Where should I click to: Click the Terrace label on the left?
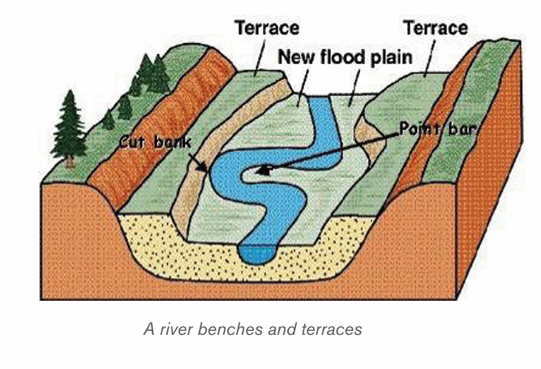(x=267, y=28)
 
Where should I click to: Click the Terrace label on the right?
(x=436, y=28)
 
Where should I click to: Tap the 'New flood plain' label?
(x=345, y=58)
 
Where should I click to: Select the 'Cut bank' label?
(x=155, y=142)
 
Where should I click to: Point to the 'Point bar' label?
(x=438, y=130)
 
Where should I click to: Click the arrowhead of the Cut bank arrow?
(x=203, y=167)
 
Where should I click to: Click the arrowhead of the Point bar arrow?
(x=263, y=170)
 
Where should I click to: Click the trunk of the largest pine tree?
(x=70, y=162)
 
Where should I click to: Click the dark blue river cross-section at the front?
(x=256, y=254)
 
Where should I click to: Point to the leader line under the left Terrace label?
(x=260, y=57)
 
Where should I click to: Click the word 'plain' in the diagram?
(x=391, y=58)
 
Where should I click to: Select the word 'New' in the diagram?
(x=297, y=58)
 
